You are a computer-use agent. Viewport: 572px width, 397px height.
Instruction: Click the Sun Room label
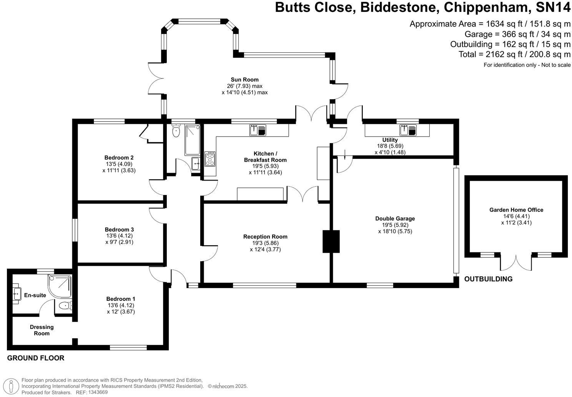click(x=244, y=80)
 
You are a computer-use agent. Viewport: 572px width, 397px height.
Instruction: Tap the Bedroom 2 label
click(x=119, y=157)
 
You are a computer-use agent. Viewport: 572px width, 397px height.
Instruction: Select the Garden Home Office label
click(x=516, y=210)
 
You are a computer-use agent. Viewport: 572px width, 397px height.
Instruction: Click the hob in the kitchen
click(x=210, y=158)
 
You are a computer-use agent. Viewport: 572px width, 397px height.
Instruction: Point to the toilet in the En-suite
click(x=66, y=306)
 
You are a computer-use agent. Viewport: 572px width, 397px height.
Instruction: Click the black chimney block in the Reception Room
click(x=331, y=241)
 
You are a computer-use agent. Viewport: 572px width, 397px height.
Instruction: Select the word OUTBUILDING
click(x=488, y=279)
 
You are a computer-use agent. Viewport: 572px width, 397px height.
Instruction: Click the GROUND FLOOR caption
click(x=36, y=358)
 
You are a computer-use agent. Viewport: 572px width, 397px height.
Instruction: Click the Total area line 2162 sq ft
click(x=514, y=54)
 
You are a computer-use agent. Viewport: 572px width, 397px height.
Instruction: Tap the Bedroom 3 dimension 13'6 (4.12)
click(x=119, y=236)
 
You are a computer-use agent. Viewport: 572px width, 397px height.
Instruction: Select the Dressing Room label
click(x=42, y=330)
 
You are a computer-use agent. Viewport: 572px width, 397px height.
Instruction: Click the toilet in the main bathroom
click(x=176, y=131)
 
